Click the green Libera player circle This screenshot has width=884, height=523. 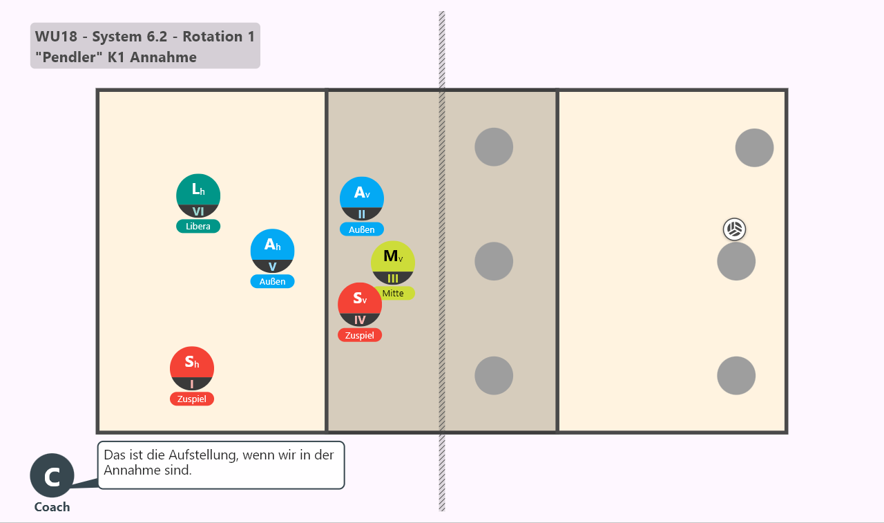click(198, 196)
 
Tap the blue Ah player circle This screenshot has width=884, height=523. click(272, 251)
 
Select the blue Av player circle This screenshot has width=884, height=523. click(361, 199)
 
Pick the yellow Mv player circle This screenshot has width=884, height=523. click(393, 263)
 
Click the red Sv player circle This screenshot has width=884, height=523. click(360, 305)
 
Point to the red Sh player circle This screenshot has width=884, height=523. click(192, 369)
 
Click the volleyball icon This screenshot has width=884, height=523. click(734, 229)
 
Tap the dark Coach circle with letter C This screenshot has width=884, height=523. click(52, 475)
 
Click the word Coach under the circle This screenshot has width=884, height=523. click(52, 507)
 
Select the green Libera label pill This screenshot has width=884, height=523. click(198, 226)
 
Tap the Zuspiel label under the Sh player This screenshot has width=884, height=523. click(192, 399)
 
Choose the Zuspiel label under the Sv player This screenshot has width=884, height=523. click(360, 335)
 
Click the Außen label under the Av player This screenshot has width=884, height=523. click(361, 229)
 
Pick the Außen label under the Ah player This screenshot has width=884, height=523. click(272, 281)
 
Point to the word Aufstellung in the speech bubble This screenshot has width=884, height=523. click(203, 455)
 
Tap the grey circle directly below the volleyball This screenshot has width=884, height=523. click(736, 261)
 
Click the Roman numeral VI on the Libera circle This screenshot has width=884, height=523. click(198, 211)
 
